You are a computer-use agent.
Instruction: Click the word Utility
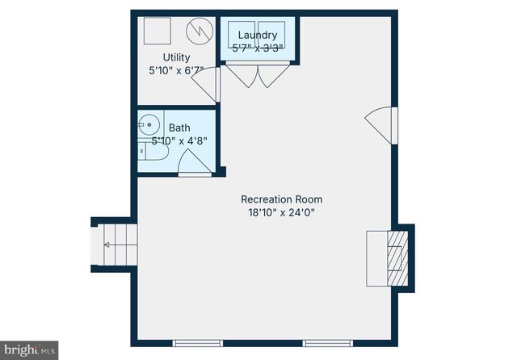click(176, 57)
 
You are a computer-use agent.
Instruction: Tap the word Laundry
click(258, 35)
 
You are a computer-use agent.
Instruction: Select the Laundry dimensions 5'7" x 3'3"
click(258, 48)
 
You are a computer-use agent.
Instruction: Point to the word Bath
click(179, 128)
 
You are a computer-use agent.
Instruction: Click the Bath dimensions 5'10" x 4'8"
click(179, 140)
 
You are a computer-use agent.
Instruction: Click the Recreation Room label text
click(281, 199)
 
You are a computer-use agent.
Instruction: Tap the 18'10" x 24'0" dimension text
click(281, 213)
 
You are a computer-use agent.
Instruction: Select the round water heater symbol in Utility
click(197, 31)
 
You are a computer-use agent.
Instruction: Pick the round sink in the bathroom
click(147, 124)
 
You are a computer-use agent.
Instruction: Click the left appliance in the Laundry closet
click(242, 37)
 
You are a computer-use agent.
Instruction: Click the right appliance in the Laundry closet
click(272, 37)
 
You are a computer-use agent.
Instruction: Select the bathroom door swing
click(195, 164)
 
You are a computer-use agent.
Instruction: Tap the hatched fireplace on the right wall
click(396, 255)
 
